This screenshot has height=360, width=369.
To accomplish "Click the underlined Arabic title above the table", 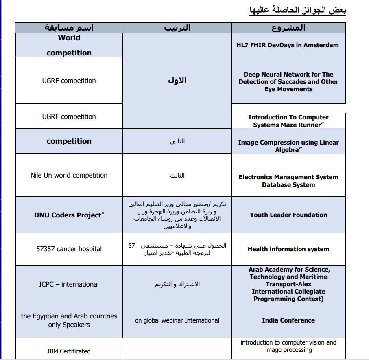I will click(297, 10).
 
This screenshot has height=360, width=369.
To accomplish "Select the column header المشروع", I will click(288, 28).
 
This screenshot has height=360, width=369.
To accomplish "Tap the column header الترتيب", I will click(177, 28).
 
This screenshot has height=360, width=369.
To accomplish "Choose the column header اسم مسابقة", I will click(69, 28).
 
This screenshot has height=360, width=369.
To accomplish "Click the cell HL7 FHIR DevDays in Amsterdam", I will click(288, 45).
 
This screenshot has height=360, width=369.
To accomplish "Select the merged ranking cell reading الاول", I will click(177, 81).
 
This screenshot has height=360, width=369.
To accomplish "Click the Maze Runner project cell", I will click(288, 121).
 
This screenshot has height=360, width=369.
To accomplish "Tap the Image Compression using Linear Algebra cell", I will click(288, 146).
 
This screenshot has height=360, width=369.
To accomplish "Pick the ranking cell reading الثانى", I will click(177, 141).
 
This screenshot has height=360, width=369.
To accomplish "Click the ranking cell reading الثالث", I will click(177, 176).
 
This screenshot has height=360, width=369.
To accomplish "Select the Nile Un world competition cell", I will click(69, 176).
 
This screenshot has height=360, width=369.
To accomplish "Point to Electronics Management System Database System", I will click(288, 181).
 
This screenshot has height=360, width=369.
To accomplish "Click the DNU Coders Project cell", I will click(69, 215).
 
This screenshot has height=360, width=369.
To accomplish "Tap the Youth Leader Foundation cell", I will click(288, 215).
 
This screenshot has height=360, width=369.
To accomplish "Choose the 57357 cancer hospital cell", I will click(69, 249).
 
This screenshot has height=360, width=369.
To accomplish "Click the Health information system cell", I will click(288, 249).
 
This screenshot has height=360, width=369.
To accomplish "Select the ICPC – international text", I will click(69, 284).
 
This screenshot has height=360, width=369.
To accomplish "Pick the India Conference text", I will click(288, 320).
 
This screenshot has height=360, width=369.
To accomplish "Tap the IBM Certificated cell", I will click(69, 351).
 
